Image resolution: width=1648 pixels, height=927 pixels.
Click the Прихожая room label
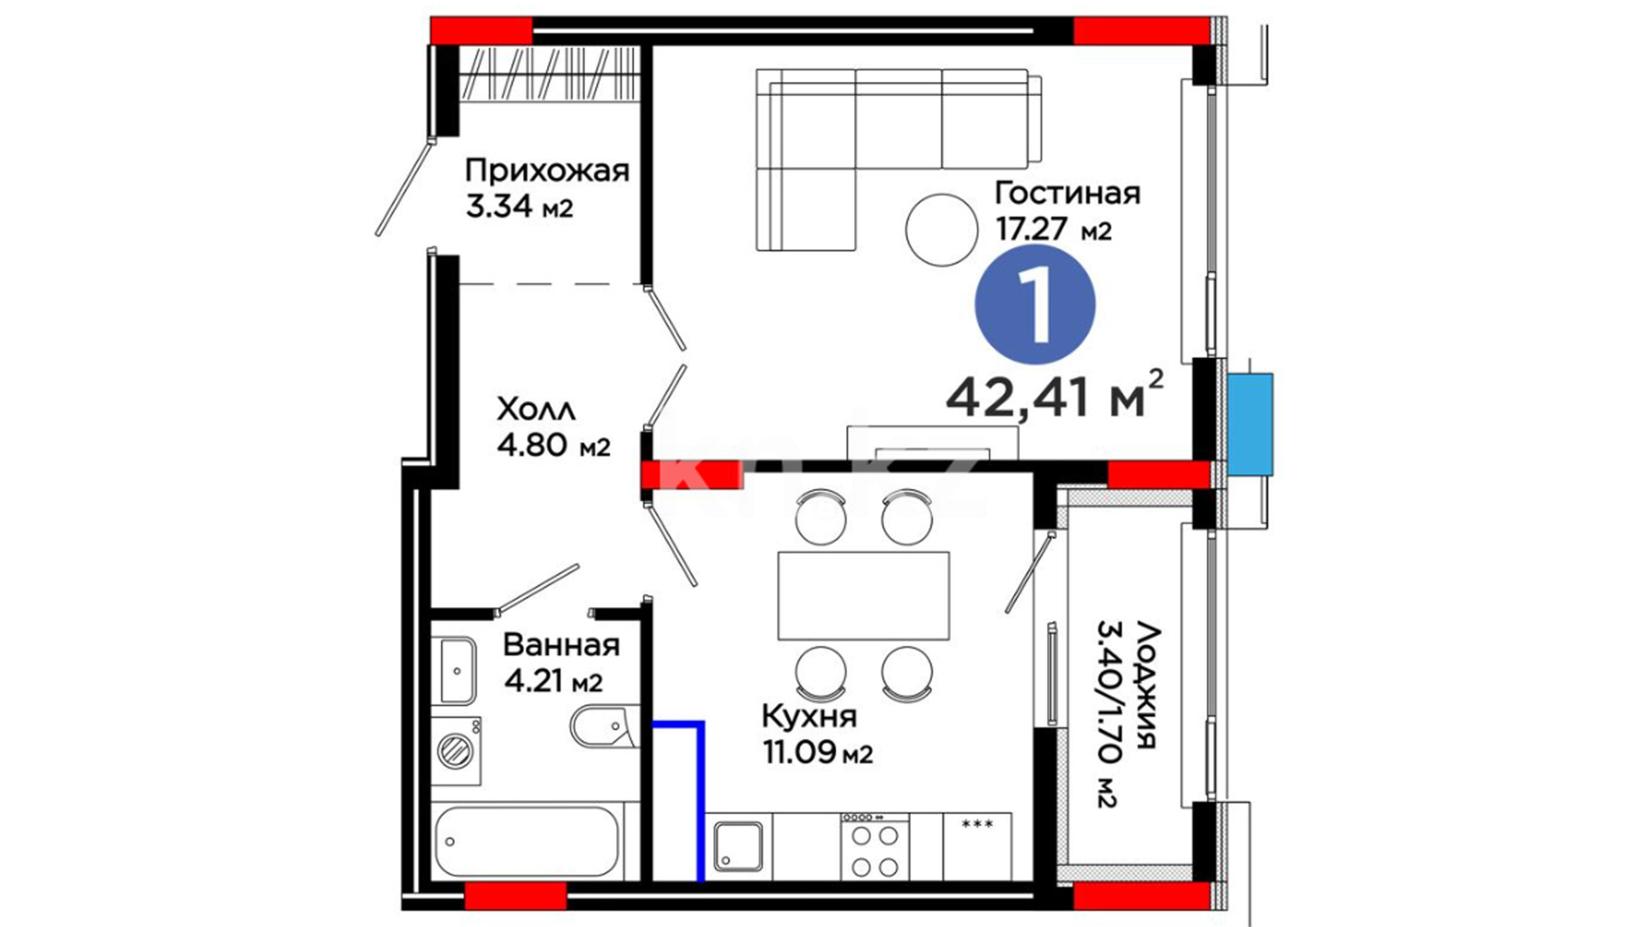coord(547,172)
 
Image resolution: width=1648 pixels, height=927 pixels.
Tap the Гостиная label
coord(1067,193)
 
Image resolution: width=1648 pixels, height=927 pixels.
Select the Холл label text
coord(536,409)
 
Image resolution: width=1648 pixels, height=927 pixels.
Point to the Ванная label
coord(561,645)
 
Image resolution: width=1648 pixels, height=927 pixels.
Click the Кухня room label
coord(809,716)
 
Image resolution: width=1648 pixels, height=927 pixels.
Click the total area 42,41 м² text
coord(1055,396)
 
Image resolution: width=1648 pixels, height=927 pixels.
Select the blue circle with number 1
coord(1035,305)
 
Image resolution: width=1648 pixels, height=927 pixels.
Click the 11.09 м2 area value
coord(818,753)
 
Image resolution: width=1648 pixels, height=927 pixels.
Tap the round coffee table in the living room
coord(942,230)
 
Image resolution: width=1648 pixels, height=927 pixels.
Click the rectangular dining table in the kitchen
coord(863,596)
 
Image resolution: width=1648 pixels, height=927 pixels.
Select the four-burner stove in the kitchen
coord(875,845)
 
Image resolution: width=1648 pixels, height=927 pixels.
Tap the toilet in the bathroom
coord(604,728)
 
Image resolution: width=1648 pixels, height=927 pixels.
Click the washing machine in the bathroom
coord(456,751)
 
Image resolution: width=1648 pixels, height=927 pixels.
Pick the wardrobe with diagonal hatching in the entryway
coord(549,74)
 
